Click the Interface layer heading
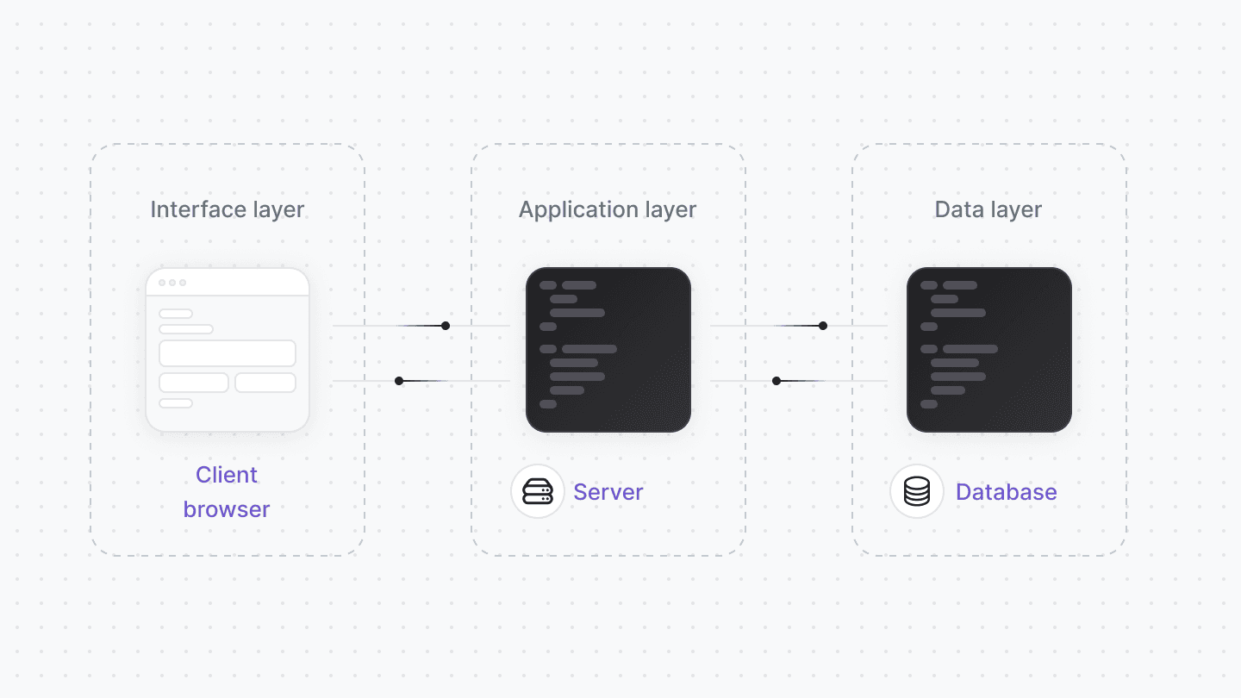pyautogui.click(x=228, y=209)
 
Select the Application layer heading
pyautogui.click(x=608, y=209)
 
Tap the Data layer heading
pyautogui.click(x=988, y=209)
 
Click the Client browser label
pyautogui.click(x=227, y=492)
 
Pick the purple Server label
pyautogui.click(x=608, y=492)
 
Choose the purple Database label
pyautogui.click(x=1006, y=492)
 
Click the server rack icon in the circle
pyautogui.click(x=538, y=492)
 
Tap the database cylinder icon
pyautogui.click(x=917, y=492)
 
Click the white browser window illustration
pyautogui.click(x=228, y=350)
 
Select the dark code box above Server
pyautogui.click(x=608, y=350)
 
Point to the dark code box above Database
pyautogui.click(x=989, y=350)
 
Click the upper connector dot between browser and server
pyautogui.click(x=446, y=326)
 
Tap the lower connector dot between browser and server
pyautogui.click(x=399, y=381)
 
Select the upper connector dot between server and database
pyautogui.click(x=823, y=326)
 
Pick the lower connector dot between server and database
pyautogui.click(x=776, y=381)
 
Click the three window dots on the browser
pyautogui.click(x=172, y=283)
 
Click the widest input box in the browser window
pyautogui.click(x=228, y=353)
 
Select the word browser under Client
pyautogui.click(x=227, y=509)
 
